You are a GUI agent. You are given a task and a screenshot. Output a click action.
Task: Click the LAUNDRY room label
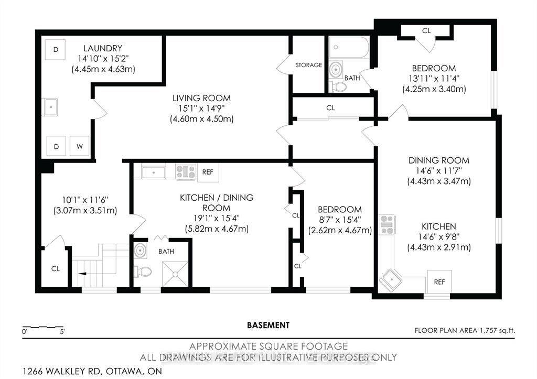tap(103, 48)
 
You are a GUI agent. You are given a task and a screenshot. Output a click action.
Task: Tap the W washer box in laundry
tap(79, 146)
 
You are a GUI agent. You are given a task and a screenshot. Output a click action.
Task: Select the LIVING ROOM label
tap(201, 98)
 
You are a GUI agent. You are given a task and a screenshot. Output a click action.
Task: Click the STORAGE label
tap(308, 65)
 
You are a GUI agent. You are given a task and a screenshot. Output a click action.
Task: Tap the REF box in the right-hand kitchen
tap(439, 282)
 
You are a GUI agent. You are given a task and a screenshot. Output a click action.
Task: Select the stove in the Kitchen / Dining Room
tap(185, 172)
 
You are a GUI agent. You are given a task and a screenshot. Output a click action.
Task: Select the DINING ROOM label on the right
tap(438, 160)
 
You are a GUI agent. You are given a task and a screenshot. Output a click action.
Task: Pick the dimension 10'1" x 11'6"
tap(85, 200)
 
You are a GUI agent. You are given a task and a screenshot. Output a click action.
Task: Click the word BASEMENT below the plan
tap(268, 325)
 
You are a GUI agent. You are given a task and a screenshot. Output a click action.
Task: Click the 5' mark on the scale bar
tap(61, 331)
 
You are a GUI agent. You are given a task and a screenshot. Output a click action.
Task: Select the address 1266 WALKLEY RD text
tap(59, 372)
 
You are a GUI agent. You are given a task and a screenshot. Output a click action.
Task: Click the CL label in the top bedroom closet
tap(426, 31)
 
